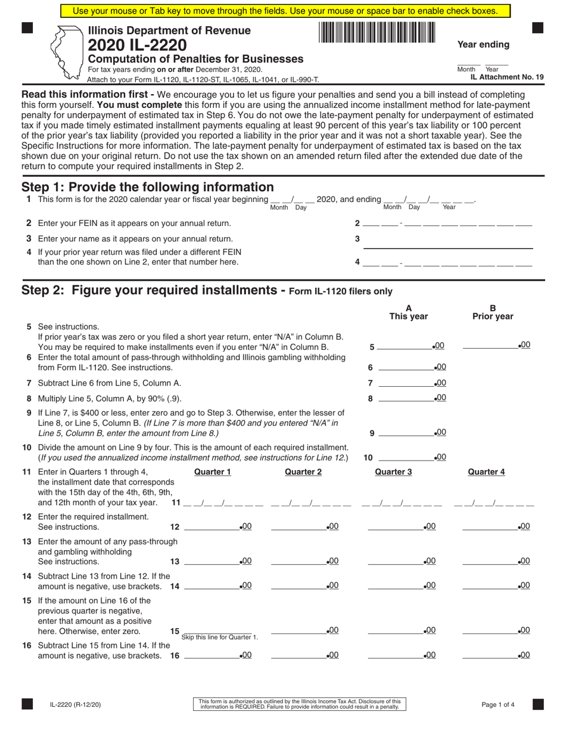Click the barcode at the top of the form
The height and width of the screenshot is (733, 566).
tap(377, 32)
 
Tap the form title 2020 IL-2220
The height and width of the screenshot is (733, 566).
tap(137, 45)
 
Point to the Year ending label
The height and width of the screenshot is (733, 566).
tap(483, 45)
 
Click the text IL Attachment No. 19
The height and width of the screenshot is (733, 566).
tap(506, 77)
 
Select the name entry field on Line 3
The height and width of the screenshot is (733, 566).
tap(447, 241)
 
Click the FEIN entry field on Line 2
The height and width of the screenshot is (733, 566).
tap(447, 224)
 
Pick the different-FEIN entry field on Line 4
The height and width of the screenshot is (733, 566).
tap(447, 262)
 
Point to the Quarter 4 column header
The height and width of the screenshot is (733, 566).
tap(486, 472)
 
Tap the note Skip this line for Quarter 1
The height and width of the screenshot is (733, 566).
tap(220, 638)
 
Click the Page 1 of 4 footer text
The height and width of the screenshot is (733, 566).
tap(498, 704)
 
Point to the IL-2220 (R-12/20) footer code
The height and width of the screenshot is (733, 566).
tap(75, 704)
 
